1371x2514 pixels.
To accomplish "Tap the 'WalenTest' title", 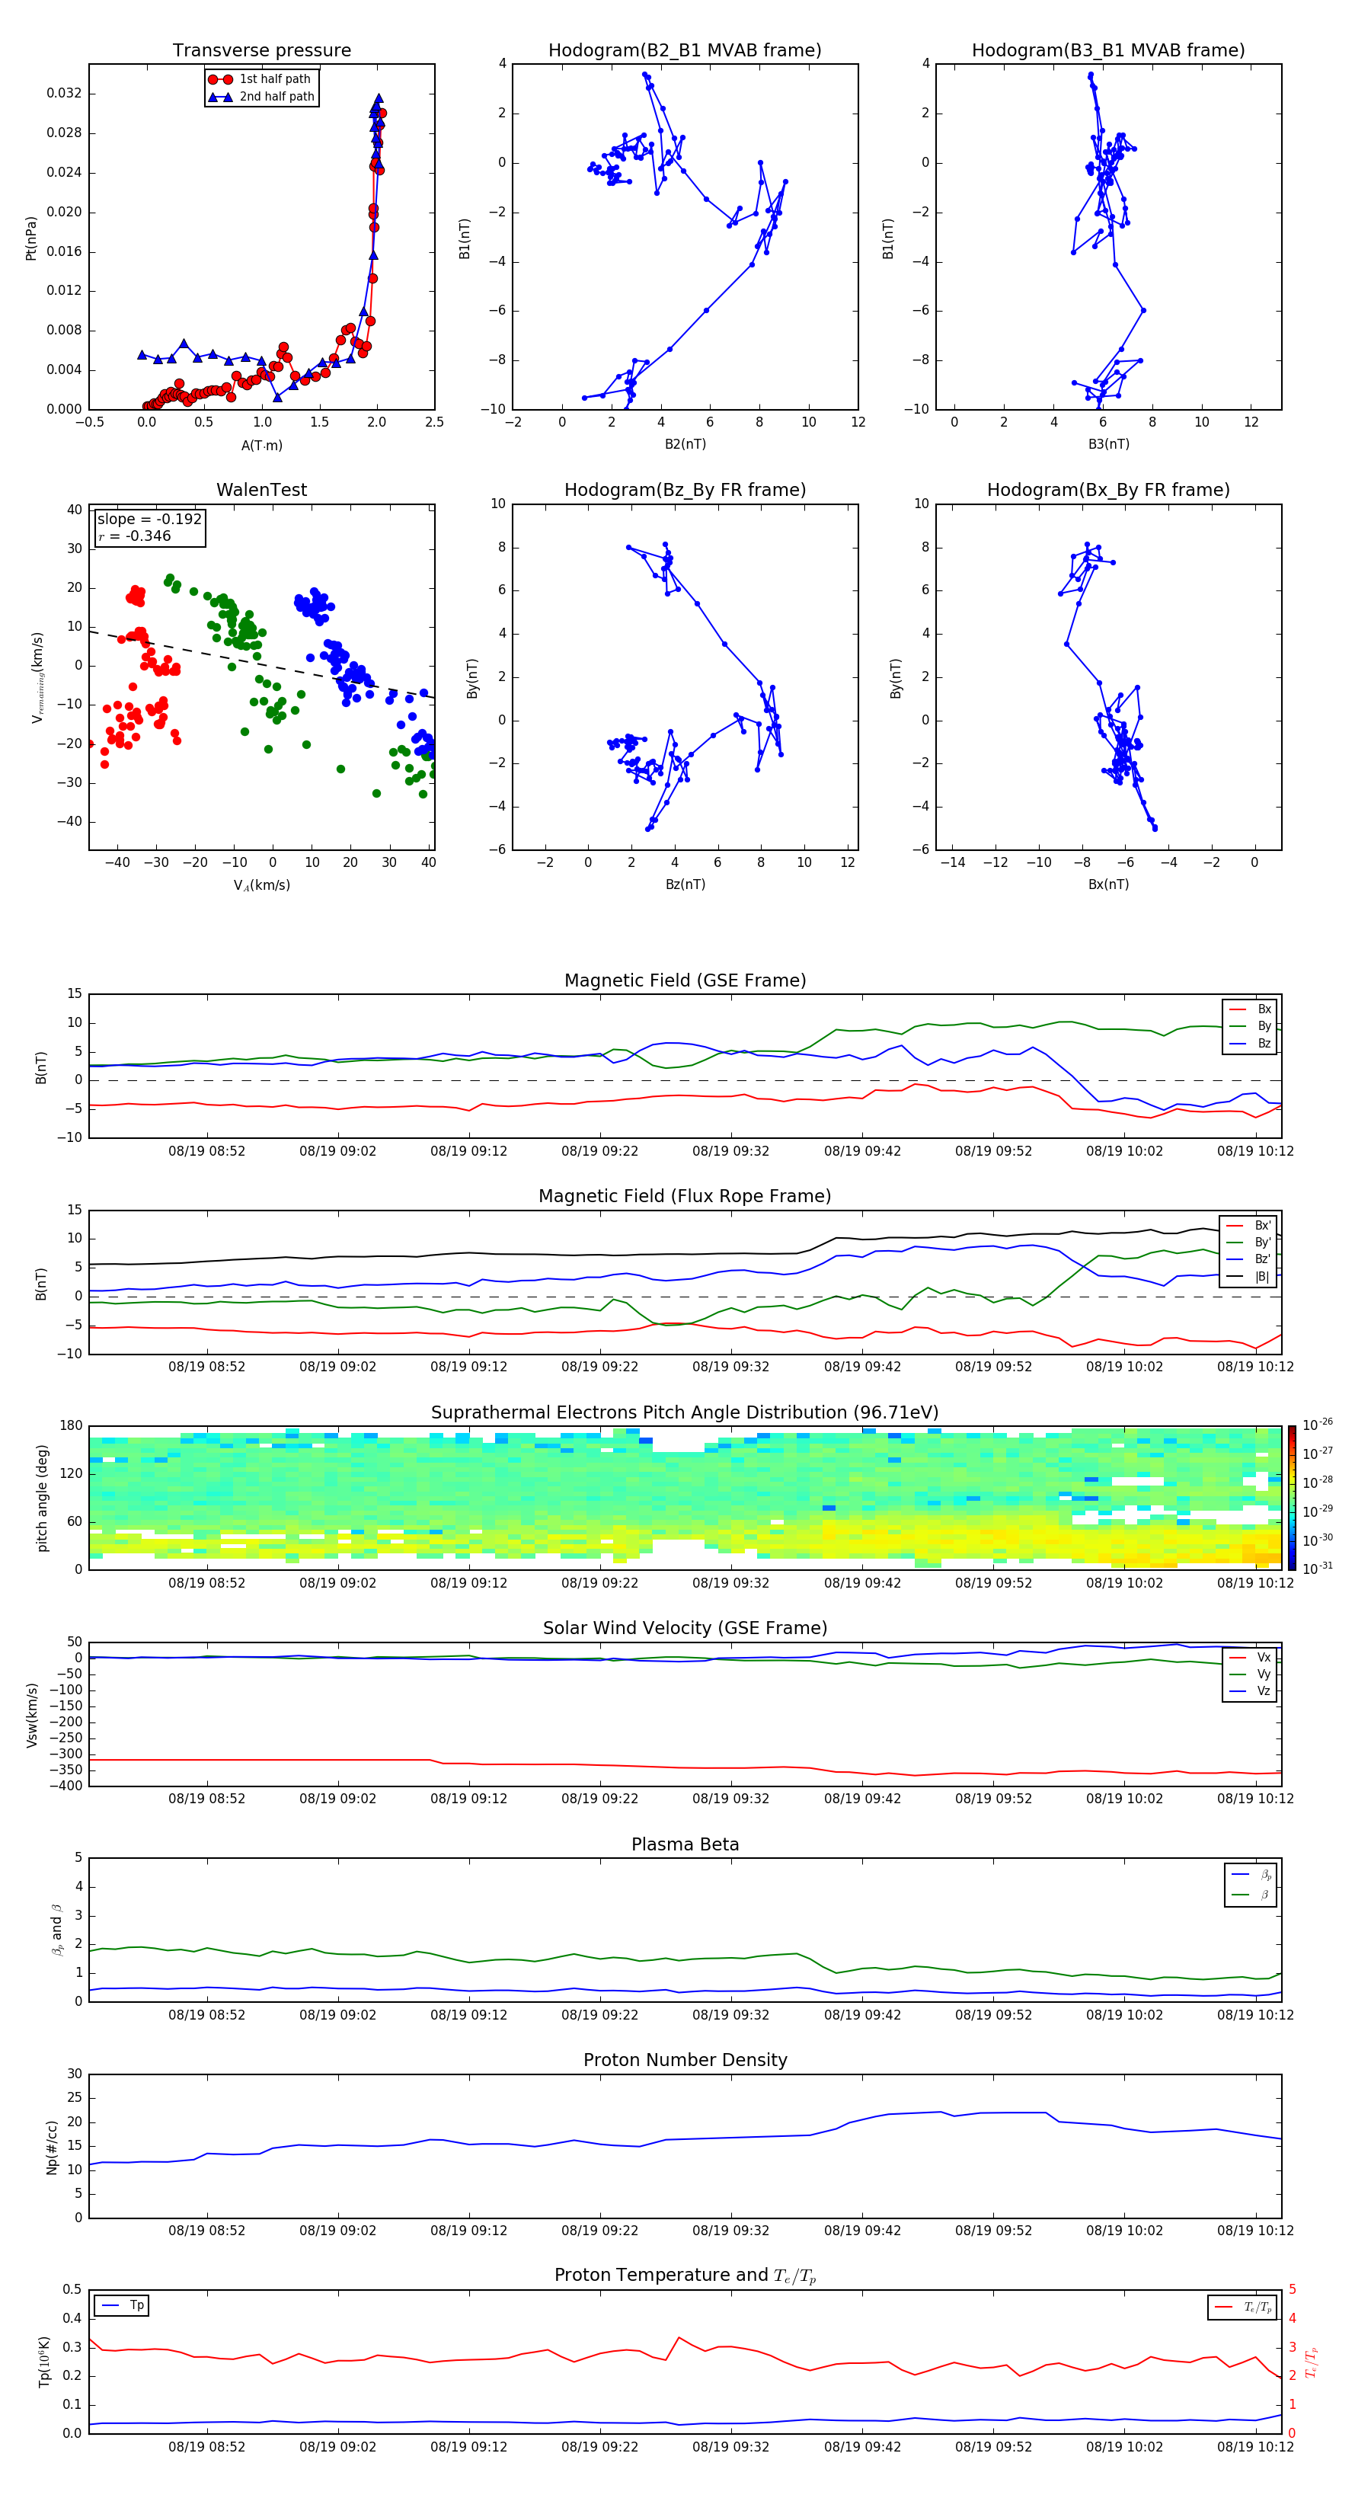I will (261, 490).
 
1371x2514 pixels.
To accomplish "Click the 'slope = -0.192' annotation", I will (149, 520).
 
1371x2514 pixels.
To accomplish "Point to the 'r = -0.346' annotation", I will (135, 536).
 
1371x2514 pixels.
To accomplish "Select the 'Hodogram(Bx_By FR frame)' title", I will (1107, 490).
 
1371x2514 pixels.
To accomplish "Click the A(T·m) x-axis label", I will (261, 445).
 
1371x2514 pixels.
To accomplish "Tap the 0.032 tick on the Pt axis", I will (65, 94).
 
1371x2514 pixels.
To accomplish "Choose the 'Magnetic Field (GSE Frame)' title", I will (685, 980).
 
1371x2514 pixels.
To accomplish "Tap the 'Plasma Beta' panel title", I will (685, 1844).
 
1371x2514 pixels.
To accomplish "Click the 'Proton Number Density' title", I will (685, 2060).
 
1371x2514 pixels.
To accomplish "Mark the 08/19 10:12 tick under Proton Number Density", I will (1255, 2230).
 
